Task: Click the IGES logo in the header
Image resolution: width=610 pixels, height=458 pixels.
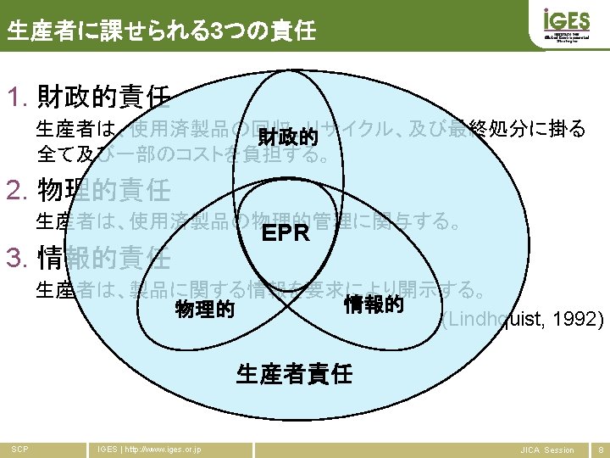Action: pos(560,24)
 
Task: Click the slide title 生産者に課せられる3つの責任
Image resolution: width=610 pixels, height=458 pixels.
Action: pos(161,32)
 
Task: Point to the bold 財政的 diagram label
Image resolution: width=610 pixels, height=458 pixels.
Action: pos(288,137)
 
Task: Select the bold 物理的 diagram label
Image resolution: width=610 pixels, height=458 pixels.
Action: pos(204,310)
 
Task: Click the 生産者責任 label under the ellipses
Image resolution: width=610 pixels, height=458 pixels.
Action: pos(294,373)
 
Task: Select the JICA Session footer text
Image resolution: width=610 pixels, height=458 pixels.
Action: pos(546,450)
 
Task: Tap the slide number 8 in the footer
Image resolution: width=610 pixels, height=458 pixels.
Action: pos(601,450)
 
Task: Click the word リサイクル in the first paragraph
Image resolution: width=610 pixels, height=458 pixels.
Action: pos(380,130)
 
